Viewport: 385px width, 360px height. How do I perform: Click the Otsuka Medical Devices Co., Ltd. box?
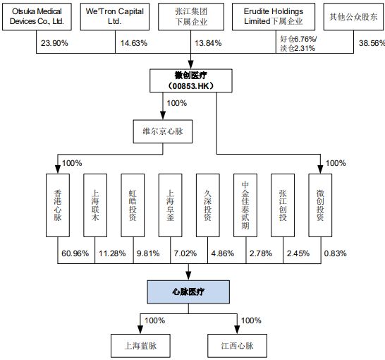pos(37,17)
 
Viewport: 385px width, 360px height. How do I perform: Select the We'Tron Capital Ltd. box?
pos(115,17)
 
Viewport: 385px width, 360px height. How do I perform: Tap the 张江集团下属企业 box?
pos(191,17)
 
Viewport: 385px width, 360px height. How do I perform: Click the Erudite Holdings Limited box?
pos(274,17)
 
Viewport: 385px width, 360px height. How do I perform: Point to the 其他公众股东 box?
pos(353,17)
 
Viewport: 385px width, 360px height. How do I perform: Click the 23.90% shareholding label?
pos(54,43)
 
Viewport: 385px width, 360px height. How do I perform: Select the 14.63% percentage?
pos(134,43)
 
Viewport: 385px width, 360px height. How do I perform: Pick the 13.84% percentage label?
pos(208,43)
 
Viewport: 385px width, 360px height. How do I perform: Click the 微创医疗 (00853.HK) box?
pos(191,80)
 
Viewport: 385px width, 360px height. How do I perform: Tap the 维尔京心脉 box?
pos(163,131)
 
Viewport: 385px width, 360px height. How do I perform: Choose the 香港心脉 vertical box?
pos(58,205)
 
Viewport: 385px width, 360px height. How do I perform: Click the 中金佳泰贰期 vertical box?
pos(245,205)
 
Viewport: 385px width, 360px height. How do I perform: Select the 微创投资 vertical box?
pos(320,205)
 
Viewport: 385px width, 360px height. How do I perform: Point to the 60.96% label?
pos(75,253)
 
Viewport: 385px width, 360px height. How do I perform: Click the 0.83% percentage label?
pos(336,253)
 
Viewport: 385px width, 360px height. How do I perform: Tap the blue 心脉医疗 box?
pos(188,292)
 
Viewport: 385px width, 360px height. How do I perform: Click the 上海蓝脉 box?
pos(140,346)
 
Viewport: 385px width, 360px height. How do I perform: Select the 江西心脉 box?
pos(237,346)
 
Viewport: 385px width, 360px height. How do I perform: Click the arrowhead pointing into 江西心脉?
pos(237,330)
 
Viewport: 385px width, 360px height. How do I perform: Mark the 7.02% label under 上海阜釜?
pos(185,253)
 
